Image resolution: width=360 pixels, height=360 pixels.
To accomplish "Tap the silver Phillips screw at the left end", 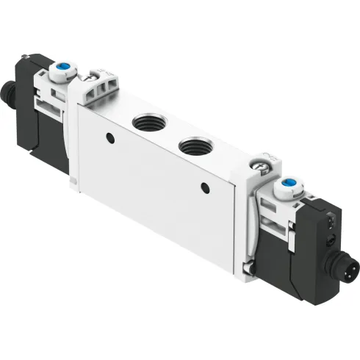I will (x=90, y=75).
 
